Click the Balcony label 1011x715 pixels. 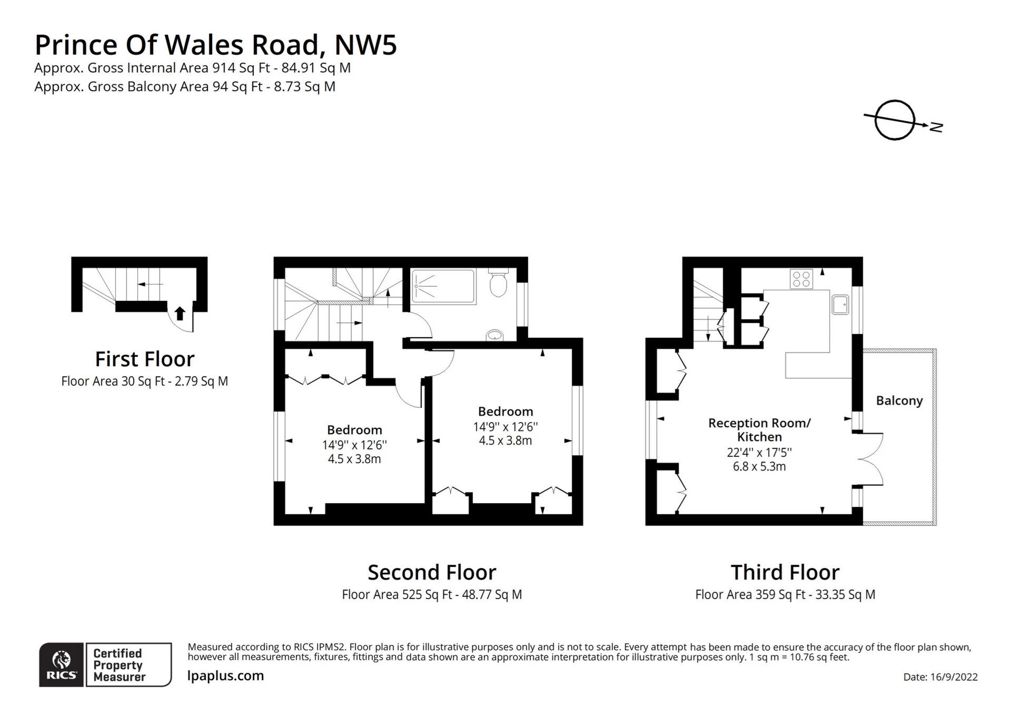(x=899, y=401)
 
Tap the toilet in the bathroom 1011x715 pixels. (x=498, y=282)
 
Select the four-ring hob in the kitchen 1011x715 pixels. (x=801, y=279)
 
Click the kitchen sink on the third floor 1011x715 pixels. (x=840, y=304)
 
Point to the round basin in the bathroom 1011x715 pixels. (x=495, y=335)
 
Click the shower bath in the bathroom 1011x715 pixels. (x=443, y=286)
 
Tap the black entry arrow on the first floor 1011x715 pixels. (x=180, y=313)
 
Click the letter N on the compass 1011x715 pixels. (x=936, y=127)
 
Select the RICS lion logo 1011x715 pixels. (x=62, y=660)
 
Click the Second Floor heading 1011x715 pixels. (x=432, y=572)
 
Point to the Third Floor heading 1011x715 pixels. (x=785, y=572)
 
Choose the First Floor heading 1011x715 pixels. (x=145, y=359)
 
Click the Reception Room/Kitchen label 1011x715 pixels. (x=759, y=430)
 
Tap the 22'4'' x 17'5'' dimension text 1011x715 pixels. (x=759, y=453)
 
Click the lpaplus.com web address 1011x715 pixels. (x=225, y=676)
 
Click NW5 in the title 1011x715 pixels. (x=365, y=45)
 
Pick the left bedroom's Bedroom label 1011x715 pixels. (x=354, y=430)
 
